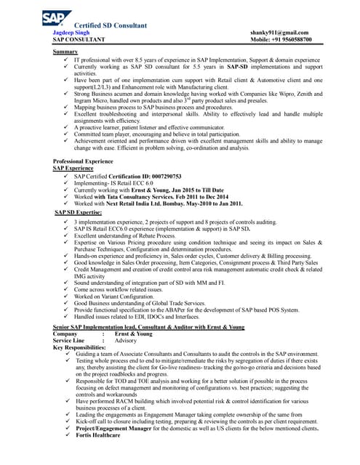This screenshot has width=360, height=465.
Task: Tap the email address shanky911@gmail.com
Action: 278,33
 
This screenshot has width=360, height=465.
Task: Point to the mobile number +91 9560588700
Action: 279,41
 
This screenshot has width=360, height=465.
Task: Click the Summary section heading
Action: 66,53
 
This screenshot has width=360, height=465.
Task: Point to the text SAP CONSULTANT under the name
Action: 84,41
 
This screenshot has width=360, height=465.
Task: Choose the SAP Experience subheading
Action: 73,167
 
